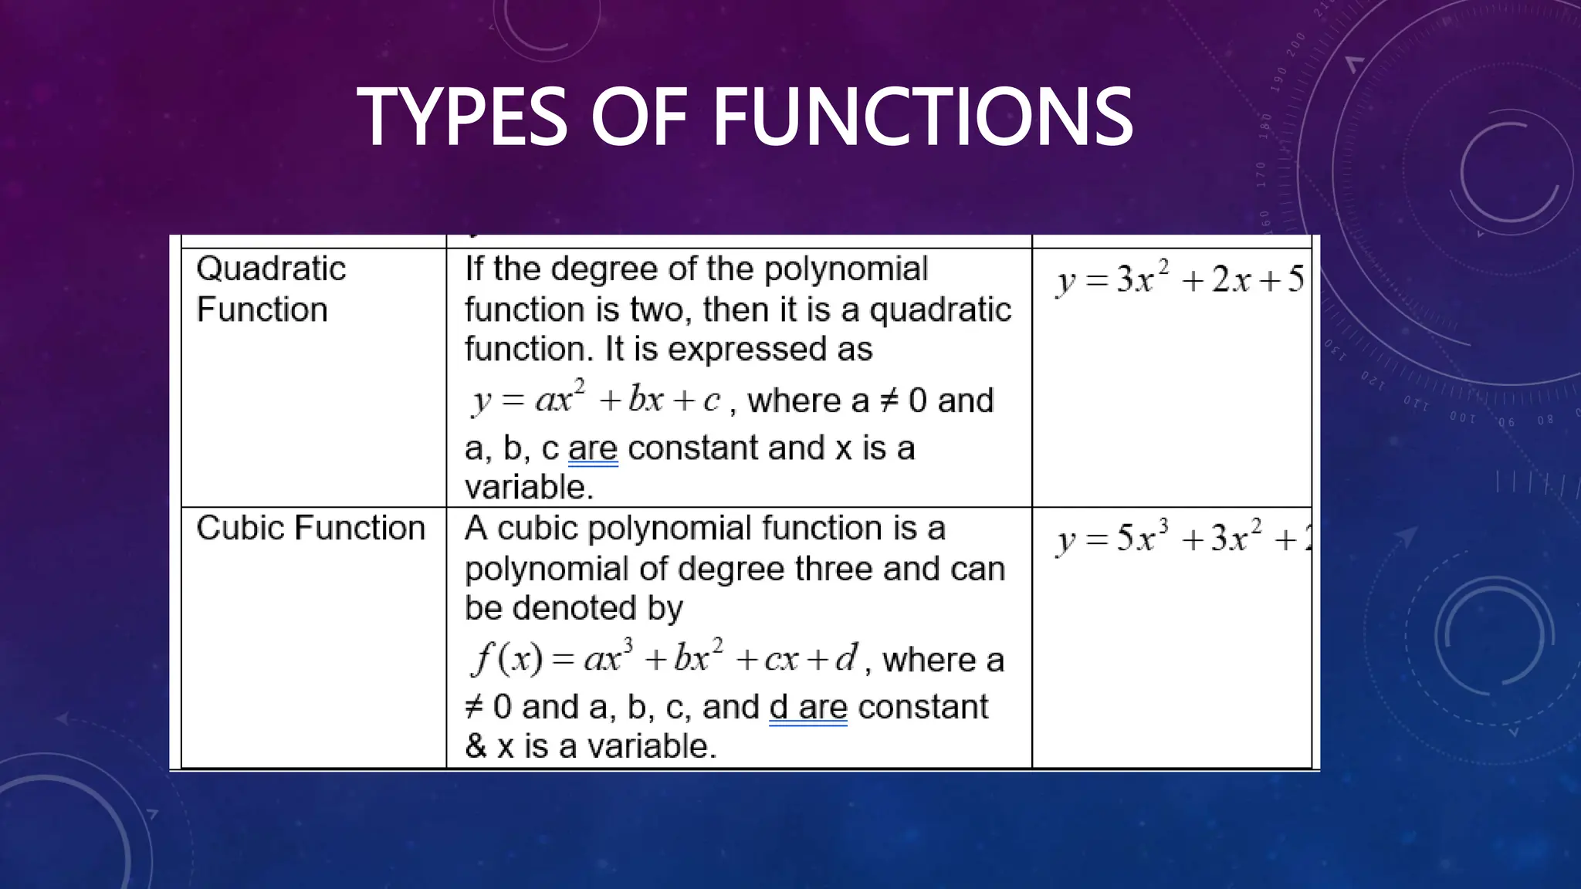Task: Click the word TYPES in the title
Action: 462,117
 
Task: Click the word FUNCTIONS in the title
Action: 922,117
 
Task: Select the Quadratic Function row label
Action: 271,289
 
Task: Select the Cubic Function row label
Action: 310,529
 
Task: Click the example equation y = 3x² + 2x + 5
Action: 1180,279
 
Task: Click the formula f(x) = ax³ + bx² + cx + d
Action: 663,658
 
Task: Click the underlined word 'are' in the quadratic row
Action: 593,449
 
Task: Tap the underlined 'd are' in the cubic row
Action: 807,708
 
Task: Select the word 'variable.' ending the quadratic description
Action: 529,488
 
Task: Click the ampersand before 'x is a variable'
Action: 476,747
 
